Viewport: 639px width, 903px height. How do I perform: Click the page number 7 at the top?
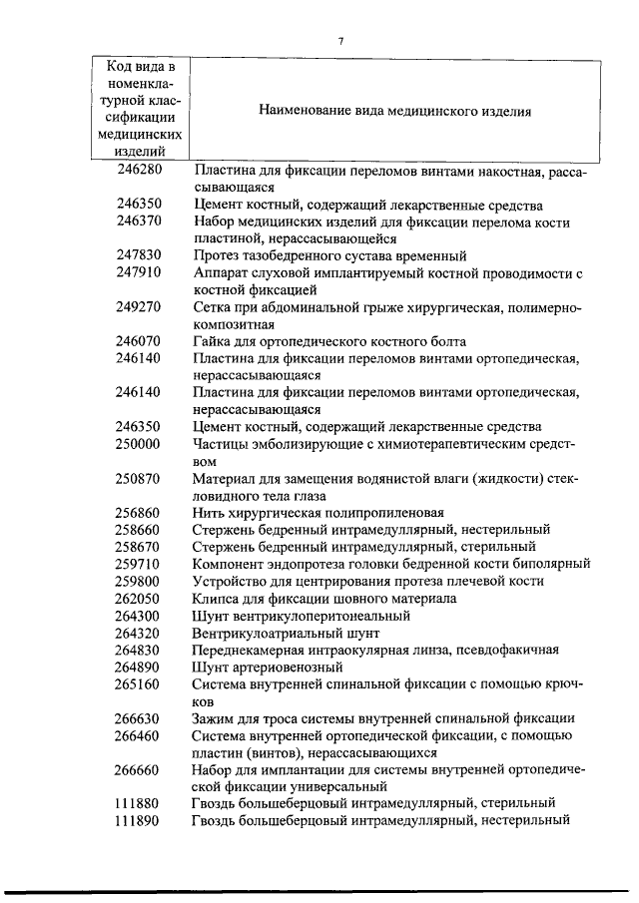tap(340, 41)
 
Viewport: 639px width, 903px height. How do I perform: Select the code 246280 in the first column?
tap(138, 172)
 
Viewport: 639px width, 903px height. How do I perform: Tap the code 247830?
tap(138, 255)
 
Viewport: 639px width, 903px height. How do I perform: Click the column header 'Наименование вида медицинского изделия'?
tap(394, 112)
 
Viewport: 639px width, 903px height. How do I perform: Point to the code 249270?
tap(138, 306)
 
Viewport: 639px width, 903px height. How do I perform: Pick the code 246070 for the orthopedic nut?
tap(138, 340)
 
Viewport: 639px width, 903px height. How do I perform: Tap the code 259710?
tap(138, 564)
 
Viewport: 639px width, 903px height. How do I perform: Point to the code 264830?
tap(138, 650)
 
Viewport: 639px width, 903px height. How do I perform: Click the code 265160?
tap(138, 683)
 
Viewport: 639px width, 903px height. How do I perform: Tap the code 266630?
tap(138, 718)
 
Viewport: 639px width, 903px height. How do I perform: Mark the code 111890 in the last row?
tap(138, 820)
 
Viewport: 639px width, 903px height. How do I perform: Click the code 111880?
tap(138, 803)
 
